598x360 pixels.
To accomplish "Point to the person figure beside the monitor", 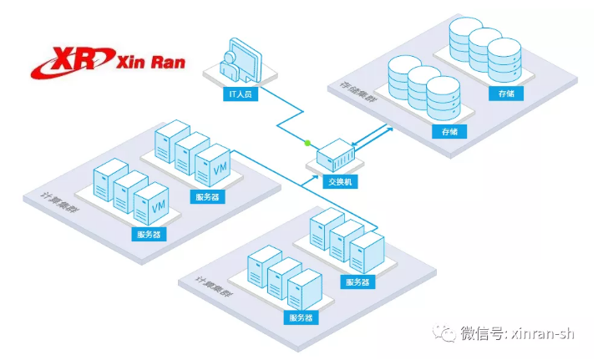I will [x=228, y=67].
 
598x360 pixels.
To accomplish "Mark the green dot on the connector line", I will [x=307, y=142].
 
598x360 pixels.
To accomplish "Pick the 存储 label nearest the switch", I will [x=449, y=132].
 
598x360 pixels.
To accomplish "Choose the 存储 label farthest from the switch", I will [x=505, y=94].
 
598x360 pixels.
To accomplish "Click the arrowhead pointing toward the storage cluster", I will [x=389, y=127].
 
